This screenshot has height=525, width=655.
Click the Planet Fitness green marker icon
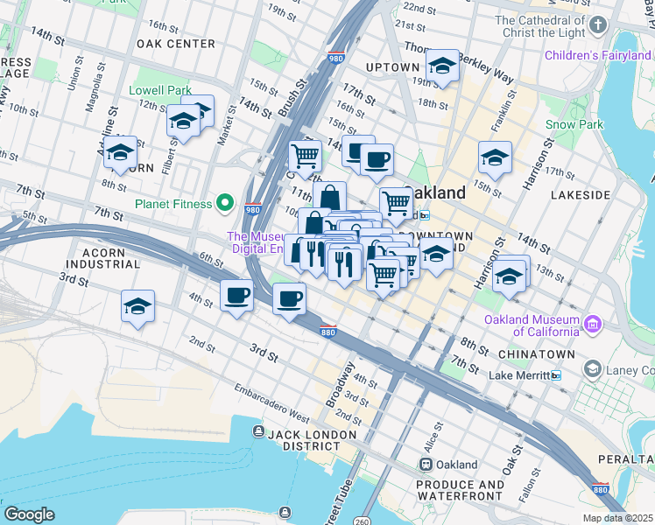(225, 204)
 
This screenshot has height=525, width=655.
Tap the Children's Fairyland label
(599, 55)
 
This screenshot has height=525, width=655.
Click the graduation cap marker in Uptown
(442, 66)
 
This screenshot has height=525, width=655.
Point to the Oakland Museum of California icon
(593, 325)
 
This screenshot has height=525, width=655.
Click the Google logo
(29, 514)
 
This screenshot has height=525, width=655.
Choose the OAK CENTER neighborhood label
(176, 43)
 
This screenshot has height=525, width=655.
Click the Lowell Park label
(159, 90)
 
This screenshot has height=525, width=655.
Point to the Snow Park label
(574, 124)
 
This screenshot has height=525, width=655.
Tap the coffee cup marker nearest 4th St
(236, 296)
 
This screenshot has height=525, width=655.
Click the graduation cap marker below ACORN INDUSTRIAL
(137, 306)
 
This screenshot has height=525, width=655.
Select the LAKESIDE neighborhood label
(579, 194)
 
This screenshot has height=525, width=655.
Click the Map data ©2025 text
(617, 518)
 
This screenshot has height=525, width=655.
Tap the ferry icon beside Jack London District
(257, 431)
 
